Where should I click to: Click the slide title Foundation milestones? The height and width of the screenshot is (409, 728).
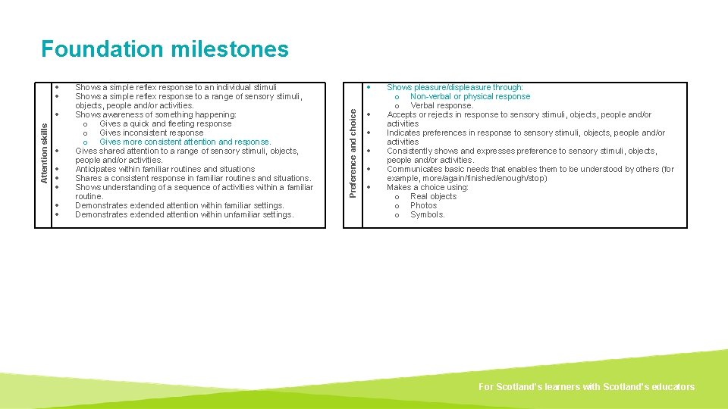point(165,49)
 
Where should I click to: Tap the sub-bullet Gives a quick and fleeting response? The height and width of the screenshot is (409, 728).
point(165,123)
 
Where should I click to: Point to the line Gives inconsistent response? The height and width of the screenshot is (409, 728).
point(151,133)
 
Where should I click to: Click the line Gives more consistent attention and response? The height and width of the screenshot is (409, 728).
point(185,142)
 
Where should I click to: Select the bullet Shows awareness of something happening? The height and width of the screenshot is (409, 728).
point(155,114)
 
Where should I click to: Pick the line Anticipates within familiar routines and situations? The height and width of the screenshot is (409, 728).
point(165,169)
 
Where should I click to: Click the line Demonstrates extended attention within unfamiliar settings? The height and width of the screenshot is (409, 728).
point(184,214)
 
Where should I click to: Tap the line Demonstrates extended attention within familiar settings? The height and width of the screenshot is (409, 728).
point(180,205)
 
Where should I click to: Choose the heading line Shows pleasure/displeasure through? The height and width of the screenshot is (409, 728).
point(455,87)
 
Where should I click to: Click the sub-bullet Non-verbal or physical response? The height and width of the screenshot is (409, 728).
point(470,96)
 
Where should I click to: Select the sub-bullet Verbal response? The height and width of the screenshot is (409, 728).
point(441,105)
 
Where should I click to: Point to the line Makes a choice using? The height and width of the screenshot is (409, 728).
point(428,187)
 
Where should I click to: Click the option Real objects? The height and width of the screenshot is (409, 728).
point(433,196)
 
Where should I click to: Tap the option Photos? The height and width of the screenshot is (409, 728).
point(423,205)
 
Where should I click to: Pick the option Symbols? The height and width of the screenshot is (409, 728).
point(428,214)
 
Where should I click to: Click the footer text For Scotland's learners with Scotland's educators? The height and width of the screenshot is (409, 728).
point(586,386)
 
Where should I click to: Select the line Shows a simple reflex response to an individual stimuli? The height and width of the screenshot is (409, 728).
point(176,87)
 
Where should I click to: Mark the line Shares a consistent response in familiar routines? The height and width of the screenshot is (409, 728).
point(193,178)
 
